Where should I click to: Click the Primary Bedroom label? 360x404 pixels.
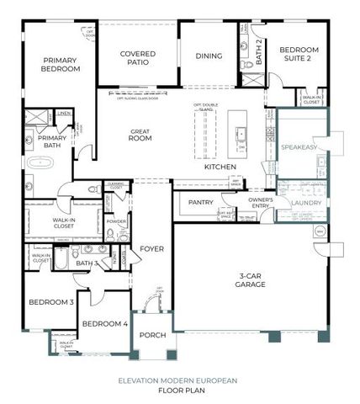61,63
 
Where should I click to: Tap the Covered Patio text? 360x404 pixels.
138,59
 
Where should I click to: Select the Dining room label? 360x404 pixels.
209,57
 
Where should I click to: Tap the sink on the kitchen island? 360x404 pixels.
241,135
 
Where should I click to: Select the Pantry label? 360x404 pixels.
200,202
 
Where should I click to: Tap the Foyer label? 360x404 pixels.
151,248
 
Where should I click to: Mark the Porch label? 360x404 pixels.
152,335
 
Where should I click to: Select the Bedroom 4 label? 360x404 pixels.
105,324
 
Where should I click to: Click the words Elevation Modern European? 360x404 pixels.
181,380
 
